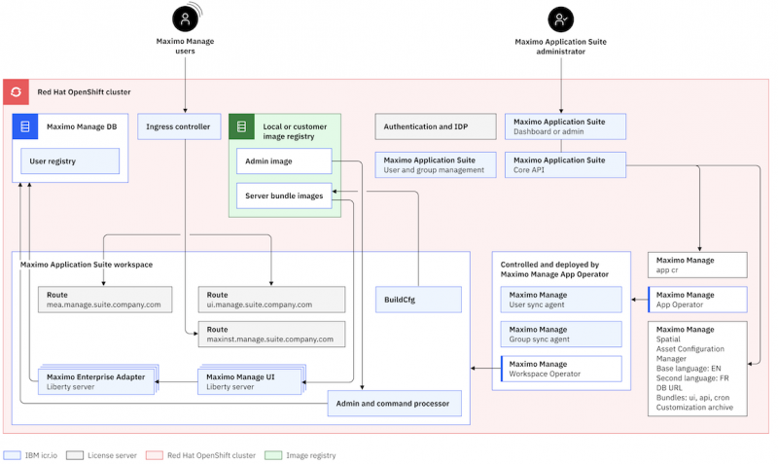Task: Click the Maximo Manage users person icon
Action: (185, 18)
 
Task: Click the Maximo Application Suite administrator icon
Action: (561, 19)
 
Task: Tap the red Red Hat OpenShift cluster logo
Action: (16, 91)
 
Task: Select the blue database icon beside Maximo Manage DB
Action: (25, 126)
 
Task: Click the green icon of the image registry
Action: (241, 126)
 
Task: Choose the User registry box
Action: (70, 161)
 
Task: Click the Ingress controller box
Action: (179, 126)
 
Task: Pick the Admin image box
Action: (284, 161)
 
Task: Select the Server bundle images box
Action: (284, 196)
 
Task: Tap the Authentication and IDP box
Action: (436, 126)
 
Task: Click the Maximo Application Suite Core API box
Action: (566, 164)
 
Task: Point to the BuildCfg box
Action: (418, 300)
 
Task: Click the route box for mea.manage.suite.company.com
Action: (105, 300)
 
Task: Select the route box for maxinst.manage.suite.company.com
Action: (271, 334)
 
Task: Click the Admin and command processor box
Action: (395, 403)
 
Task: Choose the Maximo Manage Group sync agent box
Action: (561, 334)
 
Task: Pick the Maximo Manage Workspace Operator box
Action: (561, 369)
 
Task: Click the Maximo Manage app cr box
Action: (697, 265)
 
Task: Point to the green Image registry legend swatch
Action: (273, 455)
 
